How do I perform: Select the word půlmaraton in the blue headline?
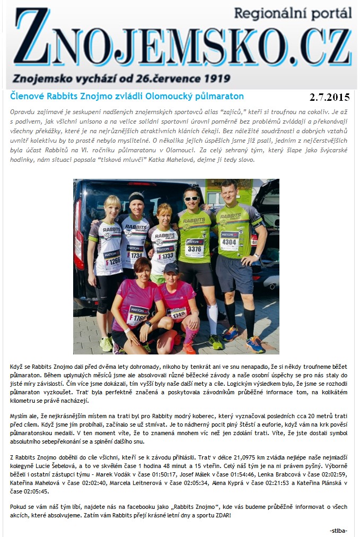(219, 96)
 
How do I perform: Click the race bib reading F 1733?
(166, 255)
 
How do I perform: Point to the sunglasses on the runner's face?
(191, 198)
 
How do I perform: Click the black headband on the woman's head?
(136, 197)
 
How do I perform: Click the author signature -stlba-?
(338, 531)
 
